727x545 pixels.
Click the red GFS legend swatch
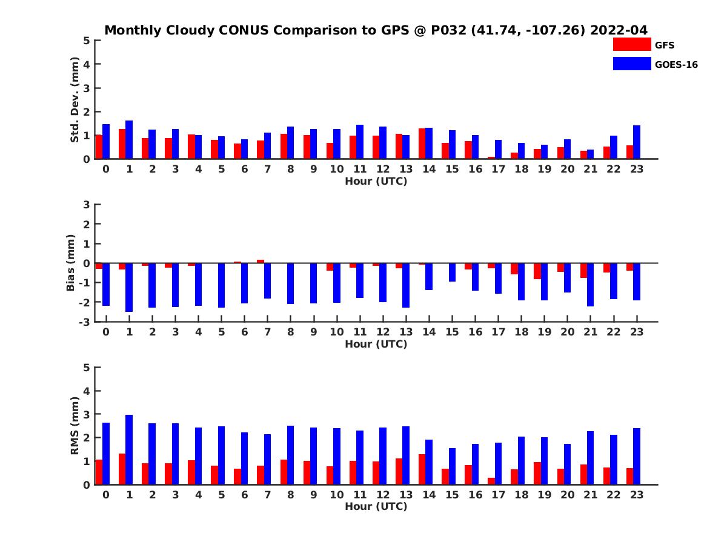point(631,44)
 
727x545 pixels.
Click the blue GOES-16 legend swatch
point(631,64)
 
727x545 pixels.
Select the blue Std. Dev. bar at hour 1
point(129,140)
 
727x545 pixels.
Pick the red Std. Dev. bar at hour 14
point(422,144)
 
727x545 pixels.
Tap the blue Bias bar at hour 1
point(129,287)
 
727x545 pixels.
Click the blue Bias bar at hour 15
point(452,272)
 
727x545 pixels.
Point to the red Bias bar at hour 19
point(537,271)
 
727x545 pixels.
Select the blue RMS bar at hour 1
point(129,449)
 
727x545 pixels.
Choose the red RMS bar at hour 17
point(491,481)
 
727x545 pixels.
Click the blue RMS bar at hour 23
point(637,456)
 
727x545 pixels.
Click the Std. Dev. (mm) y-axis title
point(75,100)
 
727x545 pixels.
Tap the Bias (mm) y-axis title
point(71,263)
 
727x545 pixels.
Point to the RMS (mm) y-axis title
point(75,426)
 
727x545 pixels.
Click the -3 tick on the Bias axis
point(85,322)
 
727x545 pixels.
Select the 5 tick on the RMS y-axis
point(87,367)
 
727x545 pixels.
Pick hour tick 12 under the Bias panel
point(383,332)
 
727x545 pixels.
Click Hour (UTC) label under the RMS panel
point(376,506)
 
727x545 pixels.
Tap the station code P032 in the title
point(448,30)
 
